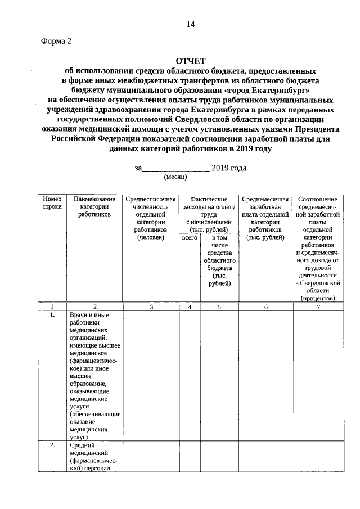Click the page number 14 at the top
(x=191, y=24)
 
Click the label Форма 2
(x=57, y=41)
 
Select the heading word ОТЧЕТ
(x=191, y=61)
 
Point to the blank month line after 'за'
(x=176, y=168)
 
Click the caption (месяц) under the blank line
(x=175, y=177)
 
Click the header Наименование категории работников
(x=94, y=206)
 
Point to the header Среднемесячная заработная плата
(x=265, y=218)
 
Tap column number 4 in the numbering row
(x=190, y=307)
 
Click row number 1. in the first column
(x=52, y=315)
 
